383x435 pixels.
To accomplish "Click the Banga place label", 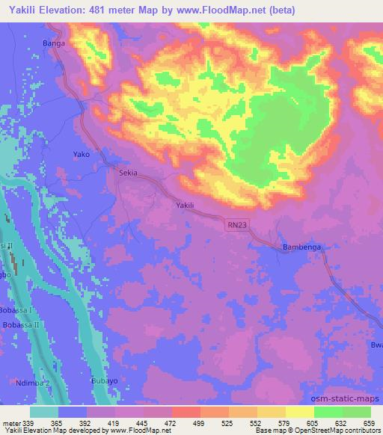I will point(55,43).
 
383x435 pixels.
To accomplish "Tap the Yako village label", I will point(82,154).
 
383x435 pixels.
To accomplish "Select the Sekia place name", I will point(129,173).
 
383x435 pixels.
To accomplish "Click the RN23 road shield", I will point(236,224).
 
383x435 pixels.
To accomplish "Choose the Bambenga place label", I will point(301,246).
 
